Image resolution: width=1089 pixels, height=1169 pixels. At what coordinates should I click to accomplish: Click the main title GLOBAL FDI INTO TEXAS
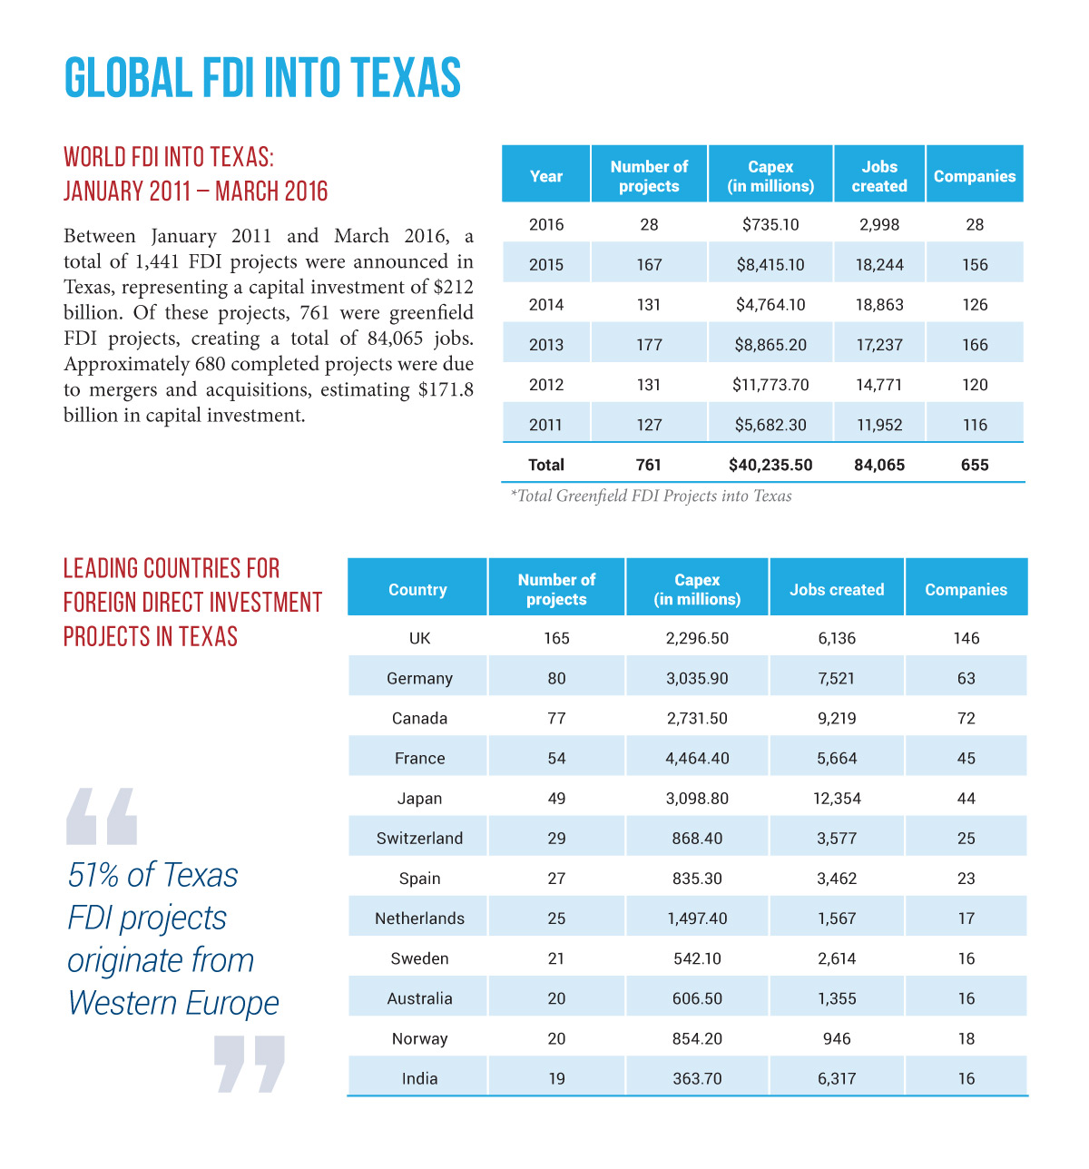click(262, 77)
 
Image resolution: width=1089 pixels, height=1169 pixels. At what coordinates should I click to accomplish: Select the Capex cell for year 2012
click(770, 384)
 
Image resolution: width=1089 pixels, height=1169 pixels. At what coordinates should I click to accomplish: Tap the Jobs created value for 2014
click(878, 304)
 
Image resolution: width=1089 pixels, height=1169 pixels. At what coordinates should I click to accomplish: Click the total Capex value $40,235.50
click(770, 465)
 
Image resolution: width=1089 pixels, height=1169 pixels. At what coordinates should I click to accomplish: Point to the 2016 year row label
click(545, 224)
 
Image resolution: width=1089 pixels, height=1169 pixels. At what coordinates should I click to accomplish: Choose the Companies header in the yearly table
click(975, 176)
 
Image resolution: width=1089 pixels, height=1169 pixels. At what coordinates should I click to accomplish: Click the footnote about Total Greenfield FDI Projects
click(651, 496)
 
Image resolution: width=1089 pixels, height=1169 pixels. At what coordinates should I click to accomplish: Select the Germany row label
click(419, 678)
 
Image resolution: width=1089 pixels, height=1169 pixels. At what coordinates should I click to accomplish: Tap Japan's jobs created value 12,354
click(837, 798)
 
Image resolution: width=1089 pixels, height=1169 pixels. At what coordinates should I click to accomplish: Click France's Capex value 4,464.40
click(697, 758)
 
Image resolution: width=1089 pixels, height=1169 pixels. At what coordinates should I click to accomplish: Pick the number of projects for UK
click(556, 638)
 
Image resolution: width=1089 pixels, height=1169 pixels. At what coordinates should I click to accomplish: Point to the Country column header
click(417, 589)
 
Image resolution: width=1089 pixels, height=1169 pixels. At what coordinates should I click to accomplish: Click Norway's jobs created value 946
click(837, 1038)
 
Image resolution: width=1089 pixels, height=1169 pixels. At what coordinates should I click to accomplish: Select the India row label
click(419, 1078)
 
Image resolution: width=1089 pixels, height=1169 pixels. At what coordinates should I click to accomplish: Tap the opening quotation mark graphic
click(102, 816)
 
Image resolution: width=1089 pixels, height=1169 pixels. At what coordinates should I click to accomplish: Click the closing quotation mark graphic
click(249, 1065)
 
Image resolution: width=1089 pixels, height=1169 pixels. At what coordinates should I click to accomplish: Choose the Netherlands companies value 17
click(966, 918)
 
